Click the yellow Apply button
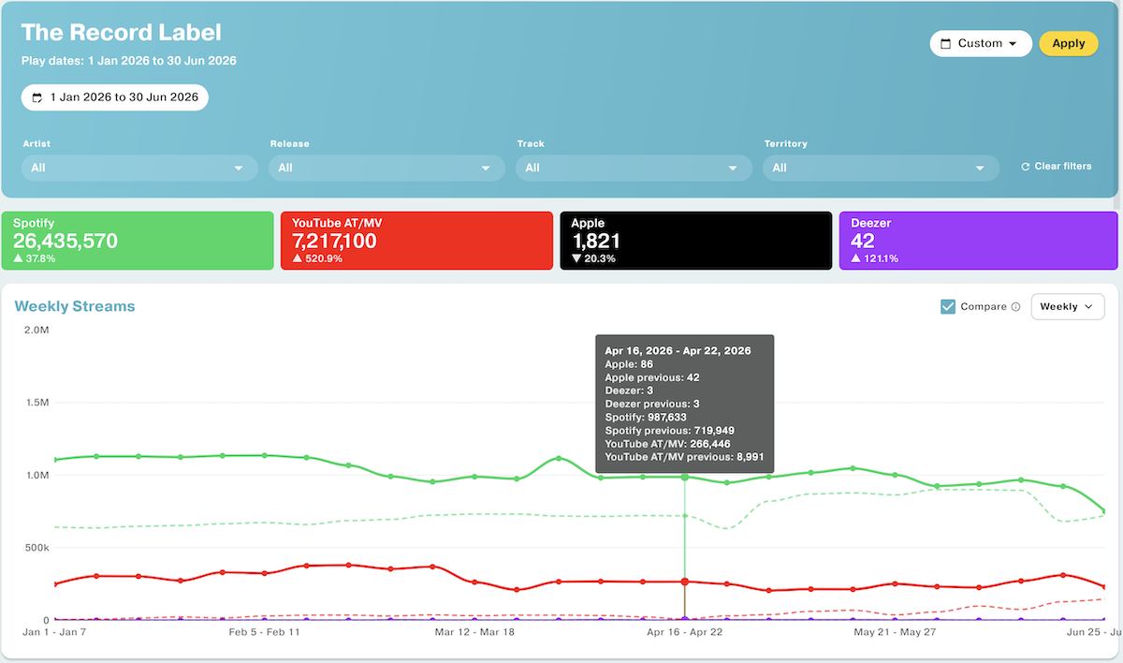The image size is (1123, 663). (x=1069, y=44)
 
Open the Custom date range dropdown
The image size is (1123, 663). (x=981, y=44)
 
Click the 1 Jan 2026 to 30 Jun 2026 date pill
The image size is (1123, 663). (x=115, y=97)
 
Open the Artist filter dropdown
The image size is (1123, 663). (x=139, y=168)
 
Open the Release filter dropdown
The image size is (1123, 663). (x=386, y=168)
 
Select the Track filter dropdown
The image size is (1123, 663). (x=634, y=168)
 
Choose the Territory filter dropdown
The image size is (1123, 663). (x=881, y=168)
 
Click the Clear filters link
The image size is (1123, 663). (x=1057, y=167)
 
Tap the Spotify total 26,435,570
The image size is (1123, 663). (x=66, y=242)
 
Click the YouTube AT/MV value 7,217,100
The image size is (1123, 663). (x=334, y=242)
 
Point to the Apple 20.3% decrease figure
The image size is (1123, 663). (x=593, y=258)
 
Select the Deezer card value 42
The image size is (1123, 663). (x=862, y=242)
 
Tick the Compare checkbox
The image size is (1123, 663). (x=947, y=306)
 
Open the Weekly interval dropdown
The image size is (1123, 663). (x=1068, y=306)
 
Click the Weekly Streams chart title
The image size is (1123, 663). (x=75, y=306)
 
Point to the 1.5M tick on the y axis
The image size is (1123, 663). (x=37, y=403)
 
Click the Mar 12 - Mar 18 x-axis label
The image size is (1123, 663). (x=474, y=632)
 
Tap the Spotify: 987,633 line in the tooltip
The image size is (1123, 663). (x=646, y=418)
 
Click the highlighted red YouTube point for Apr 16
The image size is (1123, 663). (x=685, y=582)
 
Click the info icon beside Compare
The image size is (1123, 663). (x=1015, y=307)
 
